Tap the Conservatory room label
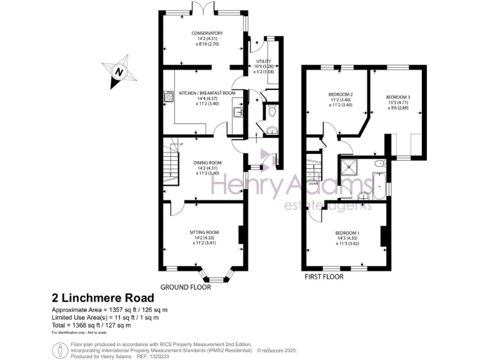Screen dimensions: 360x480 (207, 33)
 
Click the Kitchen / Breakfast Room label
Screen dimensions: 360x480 (207, 92)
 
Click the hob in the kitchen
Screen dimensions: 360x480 (168, 96)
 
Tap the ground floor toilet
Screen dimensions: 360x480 (271, 112)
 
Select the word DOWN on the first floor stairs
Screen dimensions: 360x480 (314, 184)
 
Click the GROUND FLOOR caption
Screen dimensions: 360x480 (186, 287)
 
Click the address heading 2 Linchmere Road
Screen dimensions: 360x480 (102, 299)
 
